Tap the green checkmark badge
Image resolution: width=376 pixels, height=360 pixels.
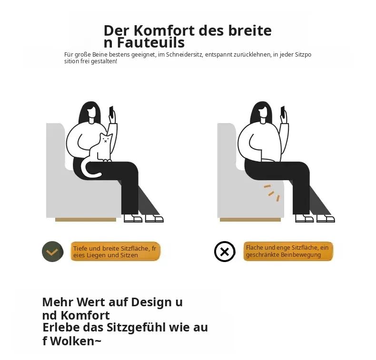[53, 252]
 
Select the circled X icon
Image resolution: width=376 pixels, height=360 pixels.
[225, 252]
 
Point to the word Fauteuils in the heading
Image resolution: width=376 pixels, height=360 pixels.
[151, 43]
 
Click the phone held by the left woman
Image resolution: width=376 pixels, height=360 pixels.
[111, 111]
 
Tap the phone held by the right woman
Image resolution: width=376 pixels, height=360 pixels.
[283, 111]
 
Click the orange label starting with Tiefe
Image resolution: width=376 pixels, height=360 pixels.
[115, 251]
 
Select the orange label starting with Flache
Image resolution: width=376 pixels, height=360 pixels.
[288, 251]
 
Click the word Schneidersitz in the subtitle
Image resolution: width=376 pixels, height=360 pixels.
[185, 55]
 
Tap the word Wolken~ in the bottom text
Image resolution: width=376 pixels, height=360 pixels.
[76, 341]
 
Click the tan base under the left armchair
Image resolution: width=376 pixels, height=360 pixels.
[86, 220]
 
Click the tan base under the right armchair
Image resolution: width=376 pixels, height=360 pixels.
[250, 220]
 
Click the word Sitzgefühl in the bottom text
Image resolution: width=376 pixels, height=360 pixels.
[136, 328]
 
